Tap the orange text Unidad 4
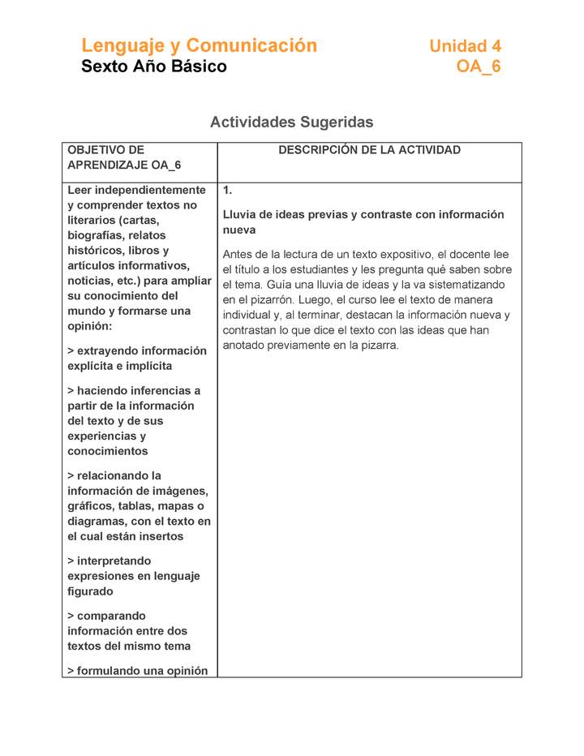(465, 47)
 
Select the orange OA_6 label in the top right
(479, 67)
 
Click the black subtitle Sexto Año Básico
(154, 67)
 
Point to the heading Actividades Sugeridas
(291, 122)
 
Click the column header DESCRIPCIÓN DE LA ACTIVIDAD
(369, 150)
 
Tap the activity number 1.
(228, 191)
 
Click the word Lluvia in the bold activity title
(241, 215)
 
